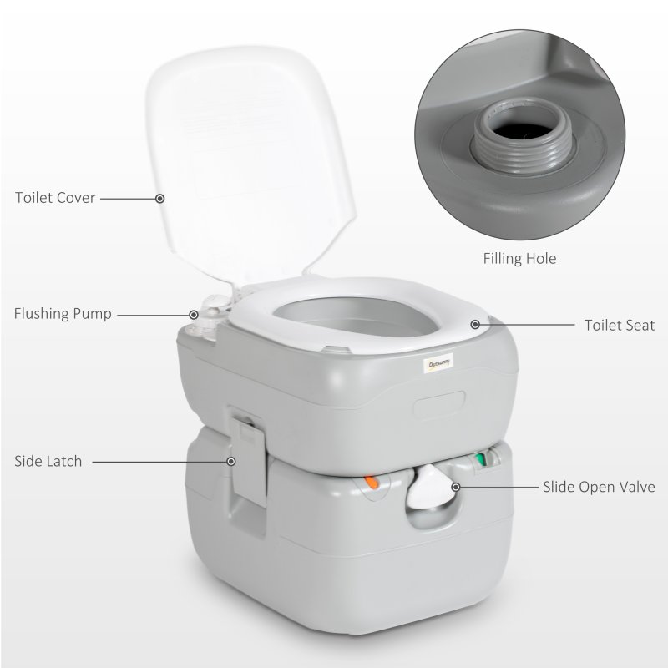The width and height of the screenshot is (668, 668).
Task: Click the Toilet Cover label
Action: coord(55,199)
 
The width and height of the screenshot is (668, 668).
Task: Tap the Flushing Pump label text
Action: coord(63,315)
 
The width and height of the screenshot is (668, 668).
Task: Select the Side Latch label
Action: coord(48,461)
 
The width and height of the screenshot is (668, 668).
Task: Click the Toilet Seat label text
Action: coord(620,325)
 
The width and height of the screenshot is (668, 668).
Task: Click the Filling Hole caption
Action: coord(519,259)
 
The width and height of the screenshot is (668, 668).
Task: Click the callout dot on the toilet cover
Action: coord(160,199)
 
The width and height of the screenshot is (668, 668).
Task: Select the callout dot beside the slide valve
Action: coord(456,486)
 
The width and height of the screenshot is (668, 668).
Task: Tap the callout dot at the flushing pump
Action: coord(195,315)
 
